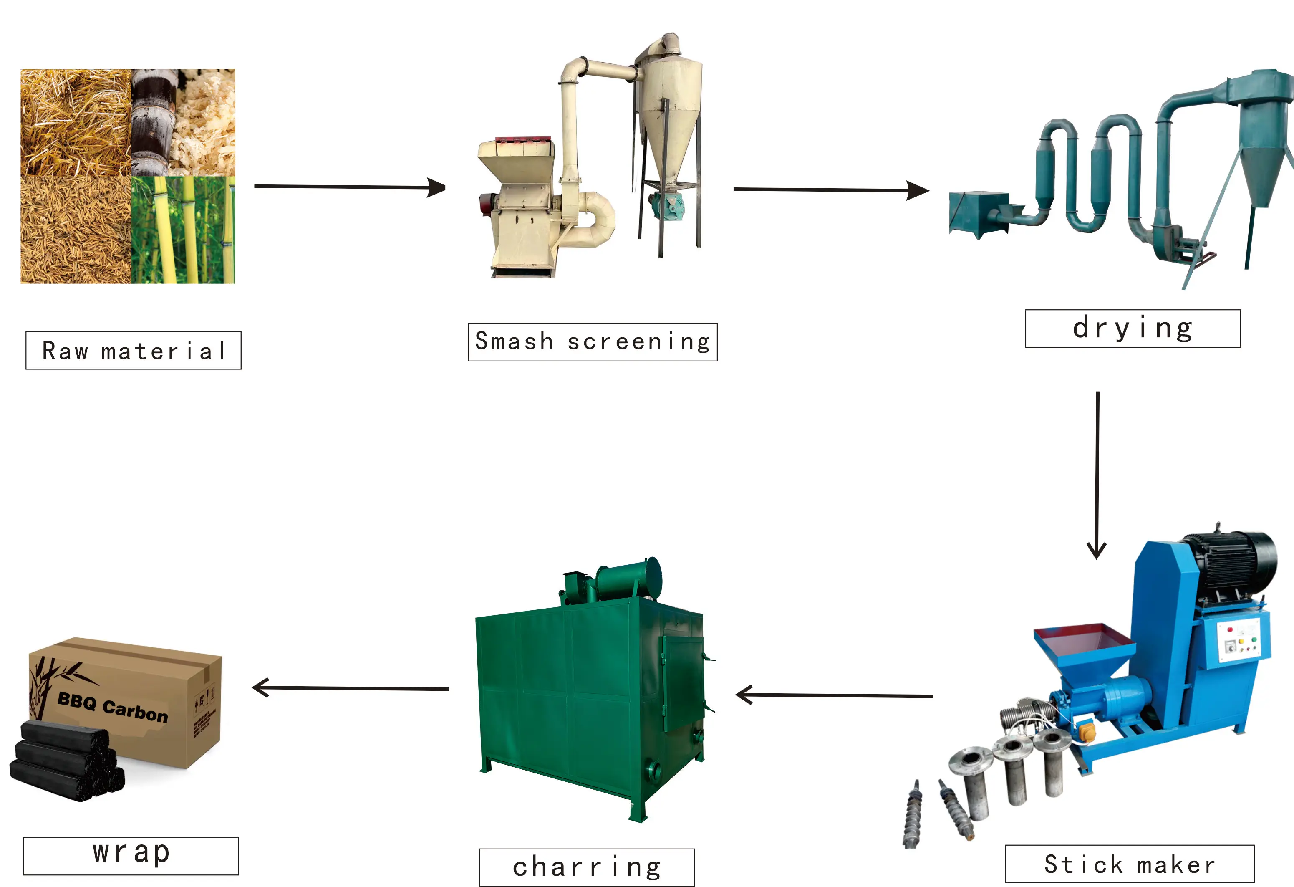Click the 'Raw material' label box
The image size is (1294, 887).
coord(133,350)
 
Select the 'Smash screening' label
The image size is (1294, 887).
coord(593,342)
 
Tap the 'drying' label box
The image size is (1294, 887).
coord(1132,329)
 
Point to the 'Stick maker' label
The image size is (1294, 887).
coord(1129,864)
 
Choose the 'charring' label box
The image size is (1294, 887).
coord(586,867)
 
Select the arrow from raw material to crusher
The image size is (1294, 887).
coord(350,187)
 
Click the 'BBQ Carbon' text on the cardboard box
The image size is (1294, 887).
coord(113,707)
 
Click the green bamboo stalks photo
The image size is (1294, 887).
coord(183,230)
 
